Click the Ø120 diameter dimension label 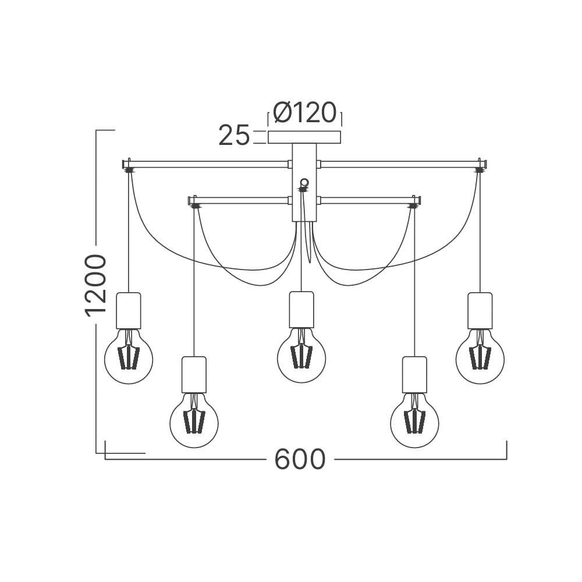[x=305, y=112]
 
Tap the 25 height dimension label [x=234, y=135]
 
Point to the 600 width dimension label [x=300, y=459]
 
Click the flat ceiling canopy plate [x=304, y=137]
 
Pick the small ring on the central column [x=304, y=182]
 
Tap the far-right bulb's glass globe [x=480, y=357]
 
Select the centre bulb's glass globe [x=301, y=356]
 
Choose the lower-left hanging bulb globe [x=194, y=421]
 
